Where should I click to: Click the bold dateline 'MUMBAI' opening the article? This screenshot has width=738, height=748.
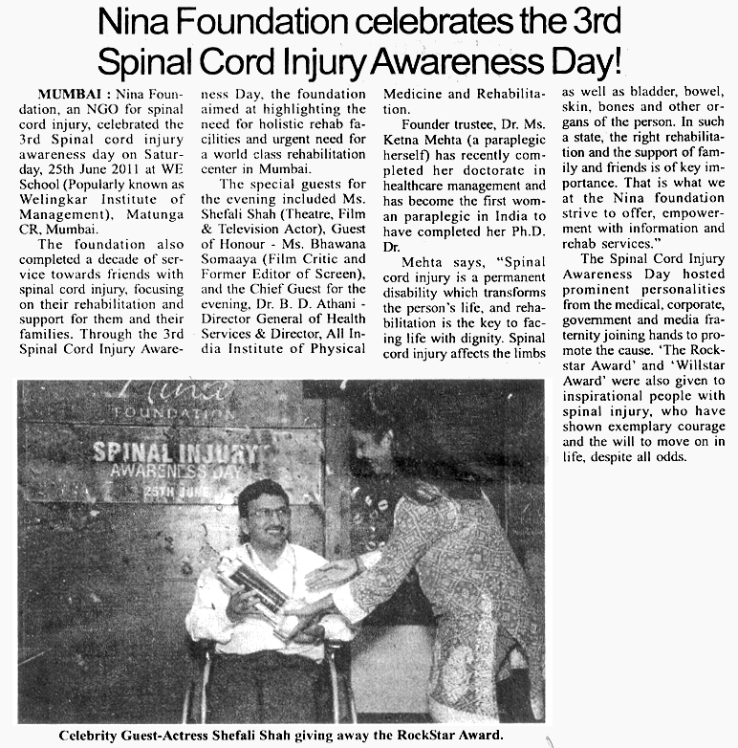click(70, 95)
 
